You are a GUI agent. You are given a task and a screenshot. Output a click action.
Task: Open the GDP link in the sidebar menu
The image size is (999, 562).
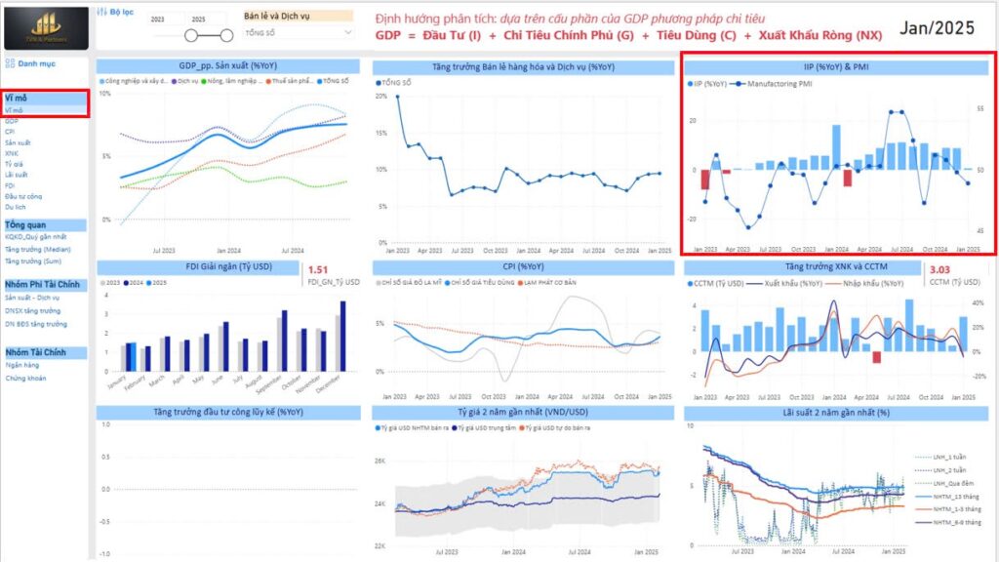click(x=12, y=121)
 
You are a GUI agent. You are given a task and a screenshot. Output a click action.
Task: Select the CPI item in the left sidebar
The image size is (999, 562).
click(x=10, y=132)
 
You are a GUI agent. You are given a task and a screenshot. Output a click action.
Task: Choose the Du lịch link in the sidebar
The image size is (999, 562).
click(x=15, y=207)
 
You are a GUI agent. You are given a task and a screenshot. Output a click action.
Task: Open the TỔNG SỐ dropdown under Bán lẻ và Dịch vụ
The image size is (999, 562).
click(x=298, y=32)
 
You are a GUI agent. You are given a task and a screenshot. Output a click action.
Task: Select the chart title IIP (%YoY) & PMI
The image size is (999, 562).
click(x=838, y=67)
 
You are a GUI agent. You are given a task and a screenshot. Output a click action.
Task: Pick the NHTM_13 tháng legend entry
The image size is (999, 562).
click(x=956, y=497)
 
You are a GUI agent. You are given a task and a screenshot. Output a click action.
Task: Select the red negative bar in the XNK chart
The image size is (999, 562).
click(x=877, y=357)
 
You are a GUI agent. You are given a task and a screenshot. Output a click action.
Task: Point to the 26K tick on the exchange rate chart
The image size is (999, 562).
click(x=381, y=462)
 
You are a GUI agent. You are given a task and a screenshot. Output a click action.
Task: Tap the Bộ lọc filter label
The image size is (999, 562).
click(x=120, y=12)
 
